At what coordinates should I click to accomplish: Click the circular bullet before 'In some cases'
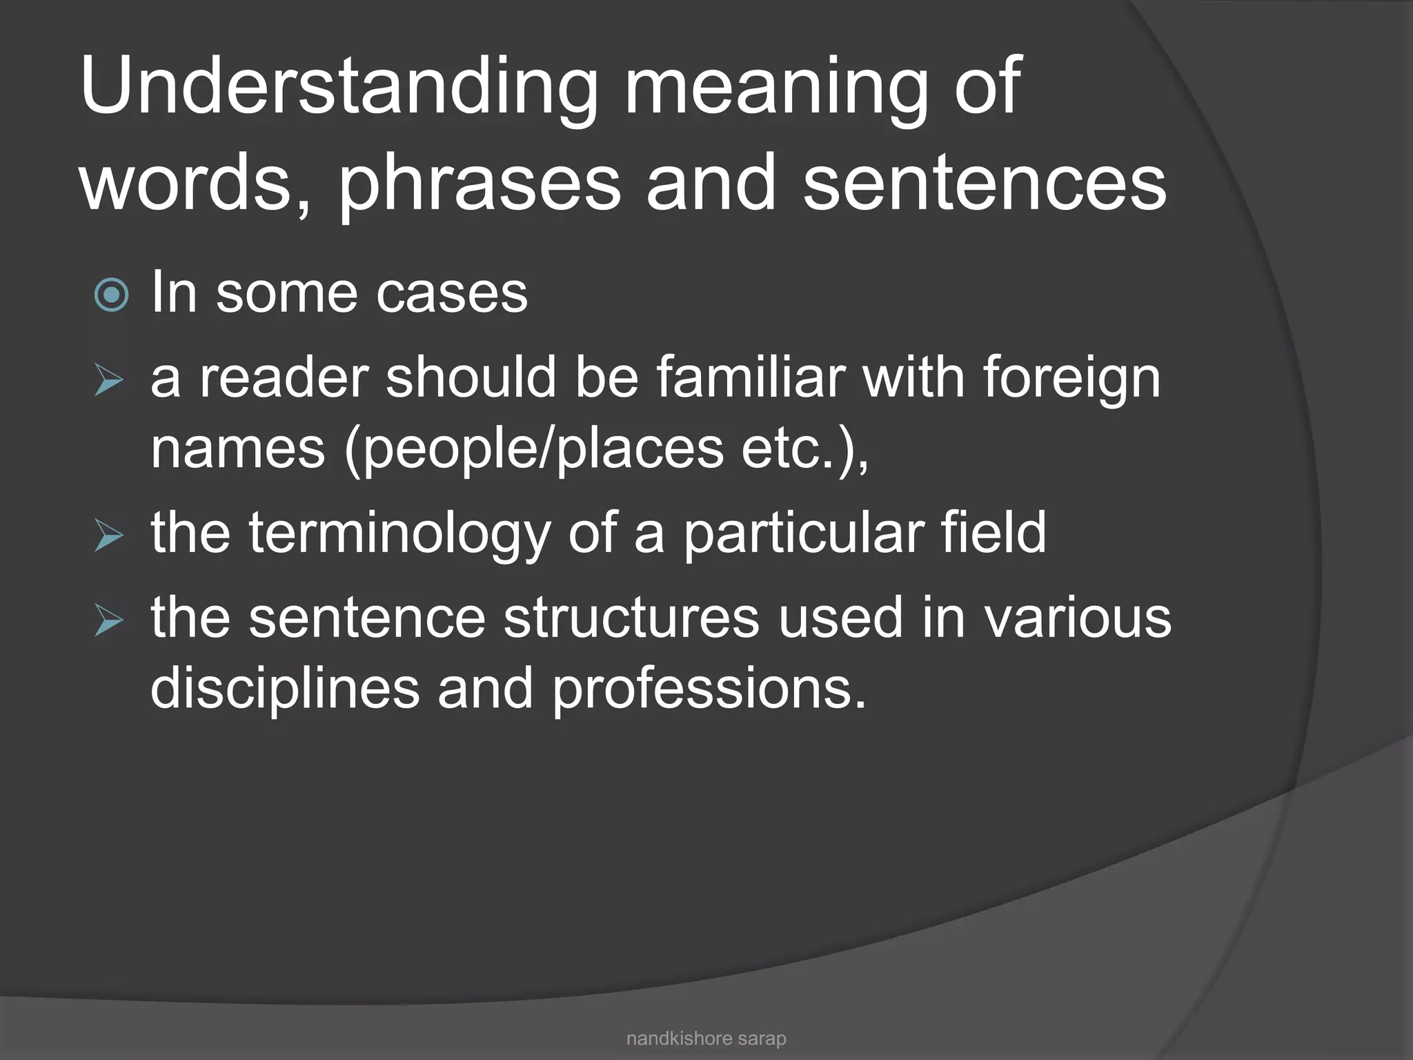(111, 295)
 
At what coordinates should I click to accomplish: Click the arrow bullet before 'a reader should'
(109, 380)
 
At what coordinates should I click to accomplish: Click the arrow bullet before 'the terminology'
(109, 536)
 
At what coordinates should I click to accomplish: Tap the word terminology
(399, 534)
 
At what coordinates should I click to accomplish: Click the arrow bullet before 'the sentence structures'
(109, 620)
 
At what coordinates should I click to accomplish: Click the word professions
(708, 689)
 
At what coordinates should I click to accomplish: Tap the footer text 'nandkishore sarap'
(706, 1039)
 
